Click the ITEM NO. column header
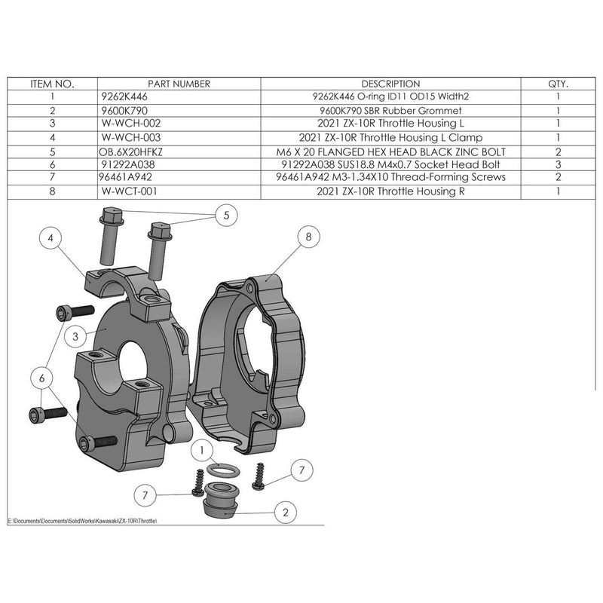51,84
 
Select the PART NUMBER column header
179,84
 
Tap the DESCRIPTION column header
390,84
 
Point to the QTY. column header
558,84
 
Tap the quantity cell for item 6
558,164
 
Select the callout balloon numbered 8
308,237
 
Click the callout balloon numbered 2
286,513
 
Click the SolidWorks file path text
84,521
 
